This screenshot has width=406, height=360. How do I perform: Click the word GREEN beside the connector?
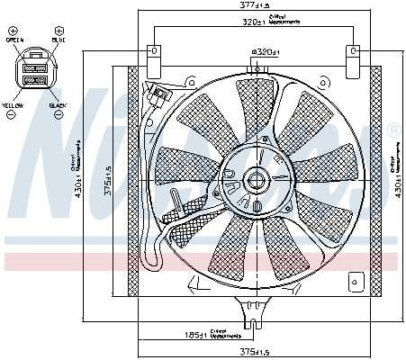(x=14, y=39)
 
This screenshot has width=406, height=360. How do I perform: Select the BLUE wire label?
(x=58, y=39)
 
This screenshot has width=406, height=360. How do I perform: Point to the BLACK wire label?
(x=57, y=105)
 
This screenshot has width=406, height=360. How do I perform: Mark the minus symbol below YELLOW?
(x=13, y=116)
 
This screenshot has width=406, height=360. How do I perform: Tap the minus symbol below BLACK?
(x=57, y=116)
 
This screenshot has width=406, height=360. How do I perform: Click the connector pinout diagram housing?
(x=36, y=72)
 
